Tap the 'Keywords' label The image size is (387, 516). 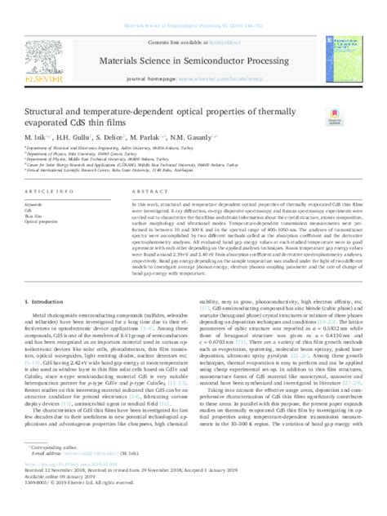coord(33,202)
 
